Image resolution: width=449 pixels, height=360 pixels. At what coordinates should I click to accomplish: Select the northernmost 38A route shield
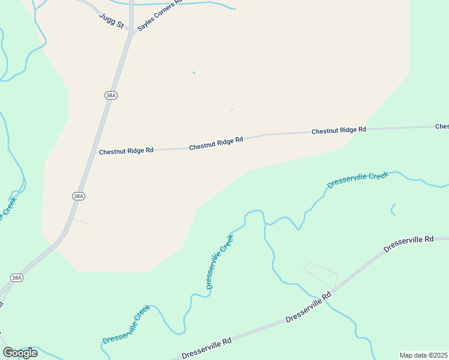point(110,95)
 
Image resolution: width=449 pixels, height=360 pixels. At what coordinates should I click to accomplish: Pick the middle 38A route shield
point(78,196)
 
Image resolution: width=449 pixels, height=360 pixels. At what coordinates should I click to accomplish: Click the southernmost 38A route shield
point(17,277)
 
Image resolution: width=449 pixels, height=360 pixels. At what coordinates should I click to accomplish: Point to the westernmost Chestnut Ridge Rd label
point(126,151)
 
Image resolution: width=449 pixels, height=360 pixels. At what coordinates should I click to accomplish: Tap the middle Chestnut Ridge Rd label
point(216,143)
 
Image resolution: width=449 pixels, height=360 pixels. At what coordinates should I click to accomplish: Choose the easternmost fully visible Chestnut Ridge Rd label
point(339,130)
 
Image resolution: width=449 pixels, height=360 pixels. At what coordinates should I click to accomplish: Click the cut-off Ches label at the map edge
point(442,127)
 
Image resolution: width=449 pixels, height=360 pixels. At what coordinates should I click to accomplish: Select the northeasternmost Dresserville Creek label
point(358,179)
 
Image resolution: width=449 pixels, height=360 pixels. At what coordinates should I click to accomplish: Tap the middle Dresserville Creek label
point(220,262)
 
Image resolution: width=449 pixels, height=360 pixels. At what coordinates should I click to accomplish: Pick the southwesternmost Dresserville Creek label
point(125,325)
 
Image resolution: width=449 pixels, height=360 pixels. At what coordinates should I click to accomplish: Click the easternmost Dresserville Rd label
point(409,243)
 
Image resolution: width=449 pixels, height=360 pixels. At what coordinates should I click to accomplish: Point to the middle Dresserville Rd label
point(309,307)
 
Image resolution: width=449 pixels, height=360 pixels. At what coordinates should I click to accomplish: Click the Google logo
point(20,352)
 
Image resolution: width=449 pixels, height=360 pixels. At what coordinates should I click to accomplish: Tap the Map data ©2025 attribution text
point(424,355)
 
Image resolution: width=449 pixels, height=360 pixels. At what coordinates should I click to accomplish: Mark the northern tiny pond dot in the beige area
point(193,73)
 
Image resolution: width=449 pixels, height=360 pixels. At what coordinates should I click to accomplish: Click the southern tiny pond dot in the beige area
point(232,110)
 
